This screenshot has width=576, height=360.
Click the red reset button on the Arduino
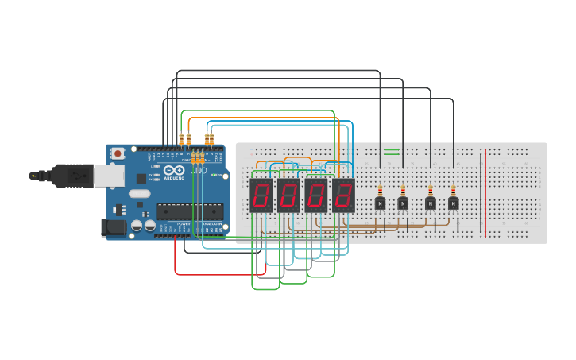coord(118,153)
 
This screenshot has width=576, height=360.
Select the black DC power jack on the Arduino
coord(114,228)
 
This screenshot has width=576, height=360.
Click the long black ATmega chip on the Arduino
coord(189,211)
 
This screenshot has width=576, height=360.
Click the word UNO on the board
coord(198,171)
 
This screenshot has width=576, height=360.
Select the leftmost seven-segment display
coord(261,195)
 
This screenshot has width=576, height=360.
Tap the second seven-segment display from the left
coord(288,195)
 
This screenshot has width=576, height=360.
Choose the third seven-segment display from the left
coord(316,195)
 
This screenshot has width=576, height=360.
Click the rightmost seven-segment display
coord(343,195)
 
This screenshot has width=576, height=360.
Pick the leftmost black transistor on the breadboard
coord(381,203)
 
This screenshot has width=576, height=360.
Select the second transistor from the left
coord(403,203)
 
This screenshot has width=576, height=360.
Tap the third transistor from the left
coord(431,203)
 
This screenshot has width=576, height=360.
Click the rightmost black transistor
coord(453,203)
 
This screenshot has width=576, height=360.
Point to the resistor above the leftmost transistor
coord(381,190)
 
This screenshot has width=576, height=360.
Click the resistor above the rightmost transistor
coord(453,190)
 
